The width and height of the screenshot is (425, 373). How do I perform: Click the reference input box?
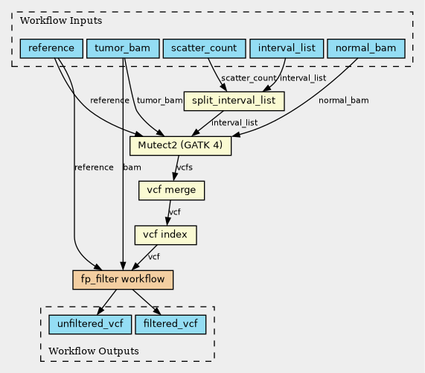51,48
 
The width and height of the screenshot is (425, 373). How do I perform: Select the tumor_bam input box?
123,48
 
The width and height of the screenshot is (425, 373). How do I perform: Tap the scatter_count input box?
205,48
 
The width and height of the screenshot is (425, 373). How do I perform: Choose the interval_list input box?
287,48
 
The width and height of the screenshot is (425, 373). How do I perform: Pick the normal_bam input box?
366,48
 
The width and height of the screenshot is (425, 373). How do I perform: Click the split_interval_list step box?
234,101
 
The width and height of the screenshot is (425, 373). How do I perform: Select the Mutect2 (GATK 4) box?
181,146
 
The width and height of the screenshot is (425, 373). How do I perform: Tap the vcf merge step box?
172,191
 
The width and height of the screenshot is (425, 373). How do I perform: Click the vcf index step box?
166,235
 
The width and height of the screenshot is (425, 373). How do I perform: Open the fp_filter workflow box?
123,280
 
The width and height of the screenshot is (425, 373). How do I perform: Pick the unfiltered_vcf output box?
90,324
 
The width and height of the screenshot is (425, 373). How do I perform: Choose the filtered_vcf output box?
170,324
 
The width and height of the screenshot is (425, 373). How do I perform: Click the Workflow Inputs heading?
61,21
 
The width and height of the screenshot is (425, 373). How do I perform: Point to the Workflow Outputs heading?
94,351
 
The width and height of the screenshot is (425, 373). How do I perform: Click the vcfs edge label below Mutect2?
185,168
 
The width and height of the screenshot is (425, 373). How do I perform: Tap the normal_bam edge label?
344,101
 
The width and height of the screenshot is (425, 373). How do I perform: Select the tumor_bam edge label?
159,101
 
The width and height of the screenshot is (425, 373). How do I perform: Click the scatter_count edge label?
249,78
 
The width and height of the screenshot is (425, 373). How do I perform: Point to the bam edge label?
132,168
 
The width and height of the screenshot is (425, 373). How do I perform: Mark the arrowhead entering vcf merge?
175,176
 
